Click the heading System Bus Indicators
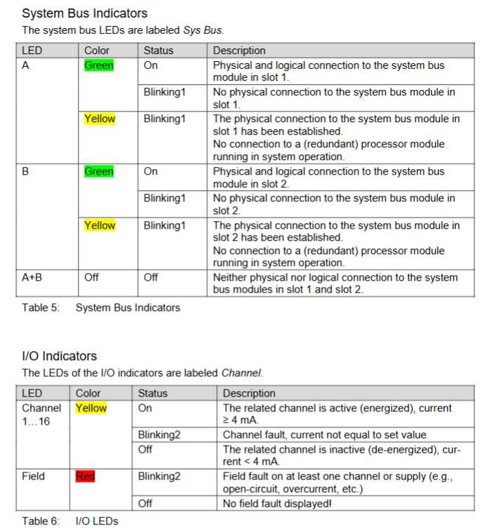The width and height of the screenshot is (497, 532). coord(84,13)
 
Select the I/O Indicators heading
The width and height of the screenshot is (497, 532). coord(59,356)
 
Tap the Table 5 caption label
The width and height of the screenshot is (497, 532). coord(41,307)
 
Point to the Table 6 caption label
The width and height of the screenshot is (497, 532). coord(41,521)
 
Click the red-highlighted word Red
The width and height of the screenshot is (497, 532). coord(85,477)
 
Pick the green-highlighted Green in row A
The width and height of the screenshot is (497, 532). coord(99,65)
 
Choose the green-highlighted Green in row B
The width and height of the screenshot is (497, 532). coord(99,171)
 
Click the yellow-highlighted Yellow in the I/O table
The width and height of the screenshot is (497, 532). coord(91,408)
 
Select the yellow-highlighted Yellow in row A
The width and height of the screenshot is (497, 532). coord(100,119)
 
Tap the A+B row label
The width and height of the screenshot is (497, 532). coord(32,277)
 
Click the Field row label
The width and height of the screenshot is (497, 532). coord(33,476)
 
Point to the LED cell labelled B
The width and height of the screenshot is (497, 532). coord(25,171)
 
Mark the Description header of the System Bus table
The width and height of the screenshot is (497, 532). coord(239,51)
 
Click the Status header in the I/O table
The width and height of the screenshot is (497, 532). coord(152,393)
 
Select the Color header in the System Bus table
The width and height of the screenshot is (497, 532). coord(97,51)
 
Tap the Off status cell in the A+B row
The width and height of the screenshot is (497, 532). coord(151,277)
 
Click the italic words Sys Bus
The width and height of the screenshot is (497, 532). coord(204,30)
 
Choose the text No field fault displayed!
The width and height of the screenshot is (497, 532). coord(277,503)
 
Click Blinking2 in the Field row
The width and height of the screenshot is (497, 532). coord(159,477)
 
